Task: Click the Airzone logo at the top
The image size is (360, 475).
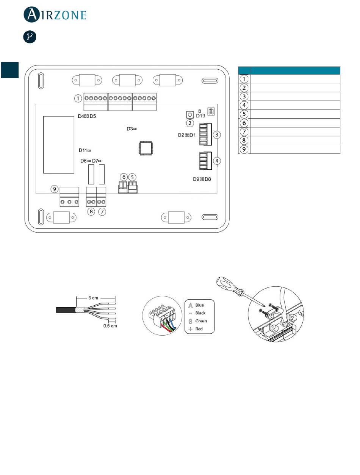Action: pyautogui.click(x=55, y=14)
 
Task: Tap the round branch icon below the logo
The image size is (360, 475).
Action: pyautogui.click(x=30, y=37)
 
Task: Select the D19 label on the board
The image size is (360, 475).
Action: pyautogui.click(x=200, y=116)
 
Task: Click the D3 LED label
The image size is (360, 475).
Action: pyautogui.click(x=130, y=129)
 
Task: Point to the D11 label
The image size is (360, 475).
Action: pyautogui.click(x=83, y=150)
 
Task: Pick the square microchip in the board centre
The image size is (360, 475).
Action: pyautogui.click(x=146, y=148)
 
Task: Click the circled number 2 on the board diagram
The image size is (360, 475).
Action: pyautogui.click(x=190, y=123)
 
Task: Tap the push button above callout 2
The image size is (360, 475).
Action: pyautogui.click(x=190, y=114)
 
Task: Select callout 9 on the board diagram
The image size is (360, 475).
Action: pyautogui.click(x=54, y=189)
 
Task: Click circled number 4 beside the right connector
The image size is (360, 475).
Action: pyautogui.click(x=217, y=161)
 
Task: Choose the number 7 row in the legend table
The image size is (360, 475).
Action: pyautogui.click(x=289, y=131)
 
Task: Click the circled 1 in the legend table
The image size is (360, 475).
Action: pyautogui.click(x=244, y=79)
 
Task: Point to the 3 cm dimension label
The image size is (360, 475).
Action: pyautogui.click(x=93, y=298)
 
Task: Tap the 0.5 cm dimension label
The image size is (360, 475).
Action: pyautogui.click(x=110, y=326)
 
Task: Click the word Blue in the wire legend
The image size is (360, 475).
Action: pyautogui.click(x=199, y=305)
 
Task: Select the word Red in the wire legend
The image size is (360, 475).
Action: pyautogui.click(x=199, y=329)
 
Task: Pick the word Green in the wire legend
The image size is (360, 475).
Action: pyautogui.click(x=201, y=321)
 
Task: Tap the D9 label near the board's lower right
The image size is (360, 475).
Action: pyautogui.click(x=196, y=179)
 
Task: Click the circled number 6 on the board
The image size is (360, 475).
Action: pyautogui.click(x=124, y=177)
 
